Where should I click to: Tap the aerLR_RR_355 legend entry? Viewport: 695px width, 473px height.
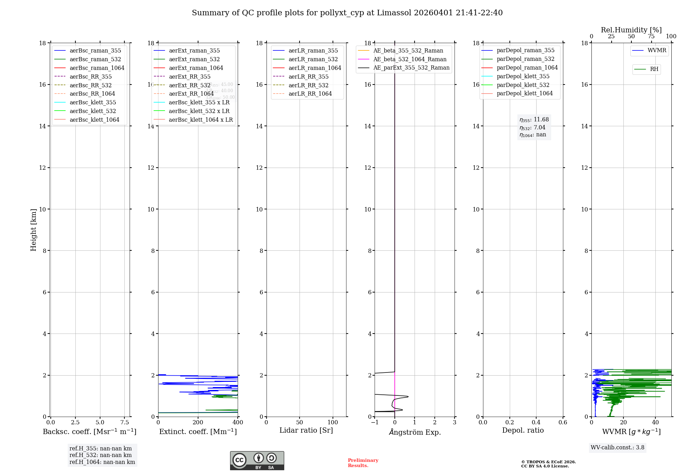point(308,77)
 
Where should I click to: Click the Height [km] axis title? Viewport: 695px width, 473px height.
point(33,230)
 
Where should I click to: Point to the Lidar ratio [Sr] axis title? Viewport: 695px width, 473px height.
point(306,430)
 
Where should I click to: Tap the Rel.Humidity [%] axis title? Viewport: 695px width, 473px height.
point(631,30)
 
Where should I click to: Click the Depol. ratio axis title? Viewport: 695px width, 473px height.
point(523,430)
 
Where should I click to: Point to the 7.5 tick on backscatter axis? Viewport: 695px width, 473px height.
point(125,423)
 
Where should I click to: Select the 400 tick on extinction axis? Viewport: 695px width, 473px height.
point(238,423)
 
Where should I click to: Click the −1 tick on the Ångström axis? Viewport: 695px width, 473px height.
point(374,423)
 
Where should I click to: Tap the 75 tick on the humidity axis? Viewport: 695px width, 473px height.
point(651,37)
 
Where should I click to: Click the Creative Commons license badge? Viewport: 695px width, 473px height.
point(257,460)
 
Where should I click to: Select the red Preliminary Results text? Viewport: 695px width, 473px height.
point(363,463)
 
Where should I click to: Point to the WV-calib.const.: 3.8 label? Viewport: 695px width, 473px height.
point(617,448)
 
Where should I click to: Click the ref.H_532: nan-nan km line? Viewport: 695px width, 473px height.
point(100,455)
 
